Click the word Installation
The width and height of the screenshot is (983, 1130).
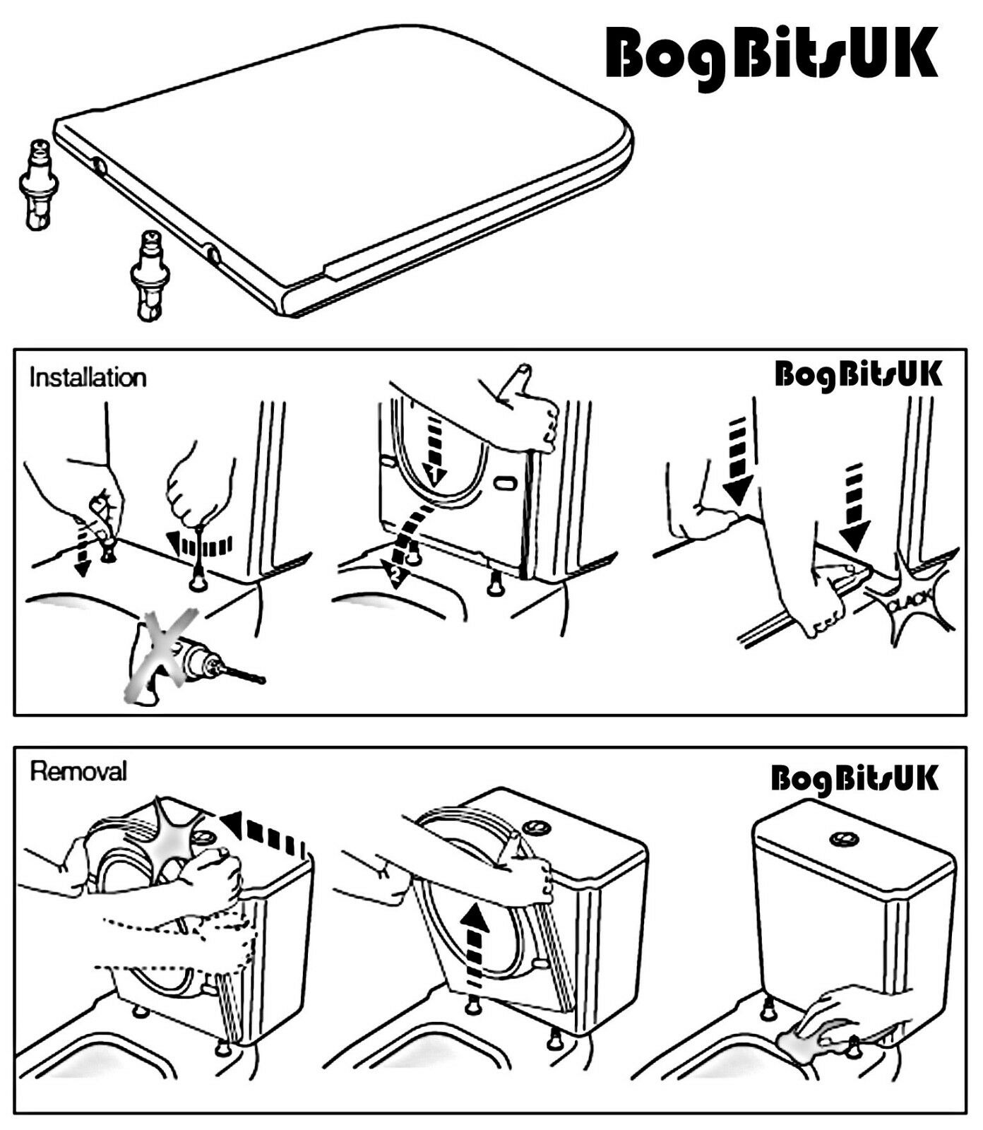[88, 377]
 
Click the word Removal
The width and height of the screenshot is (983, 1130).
[78, 771]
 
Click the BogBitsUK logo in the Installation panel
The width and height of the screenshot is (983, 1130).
[857, 374]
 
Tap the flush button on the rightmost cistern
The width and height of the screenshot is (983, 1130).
[842, 838]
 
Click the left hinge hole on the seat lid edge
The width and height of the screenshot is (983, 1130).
[100, 167]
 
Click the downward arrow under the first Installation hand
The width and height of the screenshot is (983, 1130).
[84, 548]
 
